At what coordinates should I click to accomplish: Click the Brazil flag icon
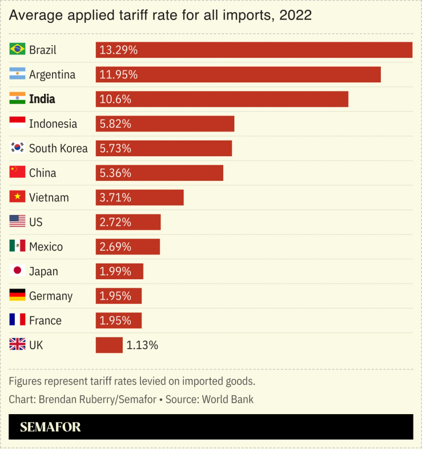(x=17, y=49)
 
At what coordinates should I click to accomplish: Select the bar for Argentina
(x=238, y=74)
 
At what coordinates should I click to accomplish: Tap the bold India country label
(x=42, y=99)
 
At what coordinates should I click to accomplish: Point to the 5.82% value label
(x=115, y=124)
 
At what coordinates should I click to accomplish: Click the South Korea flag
(x=17, y=148)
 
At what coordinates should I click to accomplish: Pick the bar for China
(x=159, y=173)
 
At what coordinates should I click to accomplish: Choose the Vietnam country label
(x=49, y=197)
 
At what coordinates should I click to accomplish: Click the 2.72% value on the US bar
(x=115, y=222)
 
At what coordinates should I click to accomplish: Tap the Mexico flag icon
(x=17, y=246)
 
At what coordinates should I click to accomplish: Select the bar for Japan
(x=119, y=271)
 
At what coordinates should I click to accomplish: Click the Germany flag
(x=17, y=295)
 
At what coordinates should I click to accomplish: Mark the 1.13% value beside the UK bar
(x=142, y=345)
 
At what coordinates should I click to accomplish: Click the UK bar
(x=109, y=345)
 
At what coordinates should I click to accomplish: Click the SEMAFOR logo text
(x=50, y=427)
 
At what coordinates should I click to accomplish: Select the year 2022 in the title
(x=295, y=15)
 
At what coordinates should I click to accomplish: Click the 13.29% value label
(x=118, y=50)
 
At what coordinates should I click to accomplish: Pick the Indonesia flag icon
(x=17, y=123)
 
